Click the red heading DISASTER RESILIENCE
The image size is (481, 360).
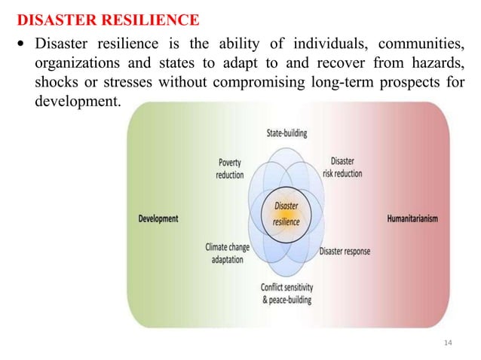coord(108,18)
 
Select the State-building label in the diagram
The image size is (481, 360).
coord(286,133)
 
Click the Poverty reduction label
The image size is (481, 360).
coord(230,168)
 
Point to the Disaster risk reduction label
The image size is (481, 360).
coord(342,167)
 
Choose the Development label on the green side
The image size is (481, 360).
coord(158,218)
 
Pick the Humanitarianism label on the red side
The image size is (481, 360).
coord(412,218)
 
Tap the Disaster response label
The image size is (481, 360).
coord(345,251)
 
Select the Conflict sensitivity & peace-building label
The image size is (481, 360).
coord(286,293)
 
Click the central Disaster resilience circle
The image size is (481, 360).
coord(286,213)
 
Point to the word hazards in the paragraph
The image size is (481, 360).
coord(436,62)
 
